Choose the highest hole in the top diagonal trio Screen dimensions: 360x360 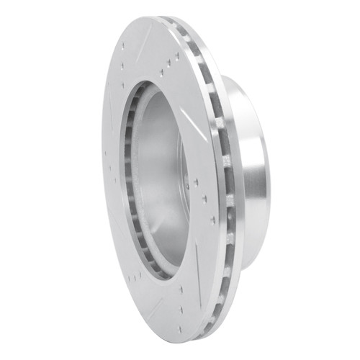(x=176, y=54)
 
